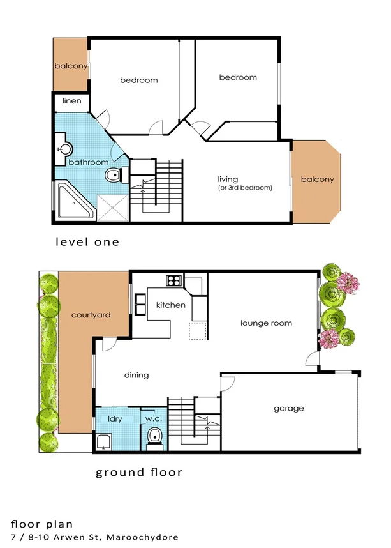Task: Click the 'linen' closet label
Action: pos(70,102)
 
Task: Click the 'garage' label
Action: pos(289,408)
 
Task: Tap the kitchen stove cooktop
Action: pos(173,280)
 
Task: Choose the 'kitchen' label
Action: pos(170,305)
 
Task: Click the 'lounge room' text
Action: pos(266,323)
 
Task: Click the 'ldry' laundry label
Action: pos(115,419)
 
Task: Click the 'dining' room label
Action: pos(136,375)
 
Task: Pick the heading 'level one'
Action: pos(87,242)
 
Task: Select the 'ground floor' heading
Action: pos(139,473)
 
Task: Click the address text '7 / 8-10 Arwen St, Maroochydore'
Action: pos(95,537)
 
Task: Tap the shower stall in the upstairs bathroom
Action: pos(113,206)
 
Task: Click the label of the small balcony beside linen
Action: pos(70,66)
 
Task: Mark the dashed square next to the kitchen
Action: pos(197,330)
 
